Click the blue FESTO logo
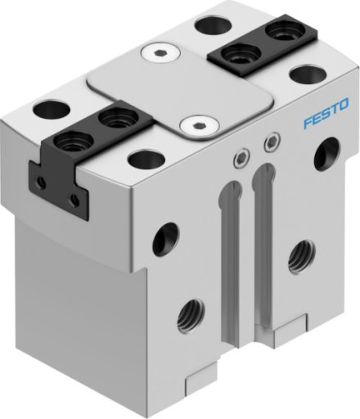(x=326, y=113)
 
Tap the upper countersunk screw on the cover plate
(x=161, y=53)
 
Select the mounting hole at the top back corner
(x=214, y=25)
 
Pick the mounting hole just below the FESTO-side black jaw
(x=308, y=74)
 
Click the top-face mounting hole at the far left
(x=52, y=110)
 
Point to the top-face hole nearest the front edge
(x=146, y=159)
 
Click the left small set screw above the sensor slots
(x=241, y=158)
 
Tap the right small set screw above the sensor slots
(x=272, y=142)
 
